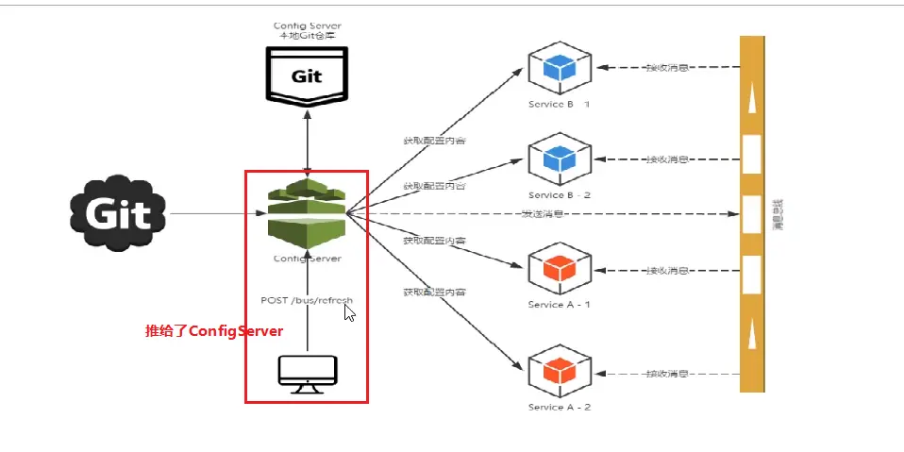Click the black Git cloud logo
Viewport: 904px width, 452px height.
[x=118, y=213]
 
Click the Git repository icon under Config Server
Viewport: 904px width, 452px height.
[x=305, y=76]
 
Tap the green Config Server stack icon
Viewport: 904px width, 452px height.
[x=306, y=214]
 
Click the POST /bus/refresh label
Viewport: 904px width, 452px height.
[x=306, y=300]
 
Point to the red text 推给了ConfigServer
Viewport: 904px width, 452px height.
[x=214, y=331]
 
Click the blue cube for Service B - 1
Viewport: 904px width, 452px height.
[x=560, y=68]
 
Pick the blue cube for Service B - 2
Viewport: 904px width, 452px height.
[x=560, y=159]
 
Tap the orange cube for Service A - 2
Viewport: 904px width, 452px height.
[x=560, y=372]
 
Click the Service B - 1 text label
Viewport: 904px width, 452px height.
[x=560, y=104]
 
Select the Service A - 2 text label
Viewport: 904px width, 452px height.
[x=560, y=407]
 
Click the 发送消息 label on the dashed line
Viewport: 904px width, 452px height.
[x=543, y=214]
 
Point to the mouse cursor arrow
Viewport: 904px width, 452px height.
[x=349, y=312]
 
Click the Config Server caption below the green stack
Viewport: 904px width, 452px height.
[x=307, y=258]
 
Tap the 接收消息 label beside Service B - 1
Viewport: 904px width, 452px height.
[x=666, y=68]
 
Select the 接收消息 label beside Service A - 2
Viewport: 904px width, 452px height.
[x=666, y=374]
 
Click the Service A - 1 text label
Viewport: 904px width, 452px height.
[x=560, y=305]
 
